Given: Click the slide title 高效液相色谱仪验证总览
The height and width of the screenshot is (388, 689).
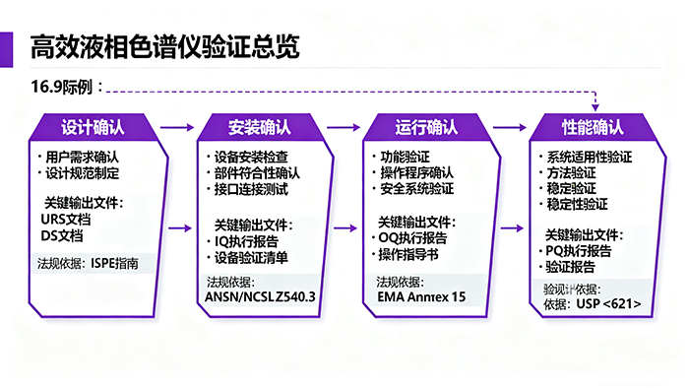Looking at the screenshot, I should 164,46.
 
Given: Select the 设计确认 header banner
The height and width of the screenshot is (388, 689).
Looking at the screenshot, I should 93,128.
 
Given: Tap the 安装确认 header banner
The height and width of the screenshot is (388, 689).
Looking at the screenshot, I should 259,128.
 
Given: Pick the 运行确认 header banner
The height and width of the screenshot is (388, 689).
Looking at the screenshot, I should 426,128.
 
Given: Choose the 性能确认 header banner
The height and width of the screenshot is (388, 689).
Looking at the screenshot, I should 593,128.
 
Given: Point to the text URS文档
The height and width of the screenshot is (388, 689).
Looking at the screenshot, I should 64,220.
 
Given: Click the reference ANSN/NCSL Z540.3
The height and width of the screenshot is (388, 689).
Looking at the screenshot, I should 260,296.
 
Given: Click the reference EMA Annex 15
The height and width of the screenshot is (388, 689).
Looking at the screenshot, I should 420,296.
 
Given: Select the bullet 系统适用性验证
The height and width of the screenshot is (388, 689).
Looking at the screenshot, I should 590,157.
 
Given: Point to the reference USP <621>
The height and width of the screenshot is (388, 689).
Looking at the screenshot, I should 609,304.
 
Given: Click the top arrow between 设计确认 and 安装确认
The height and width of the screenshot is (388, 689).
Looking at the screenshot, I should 176,127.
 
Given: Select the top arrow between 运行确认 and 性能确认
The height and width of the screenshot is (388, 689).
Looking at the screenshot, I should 510,127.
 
